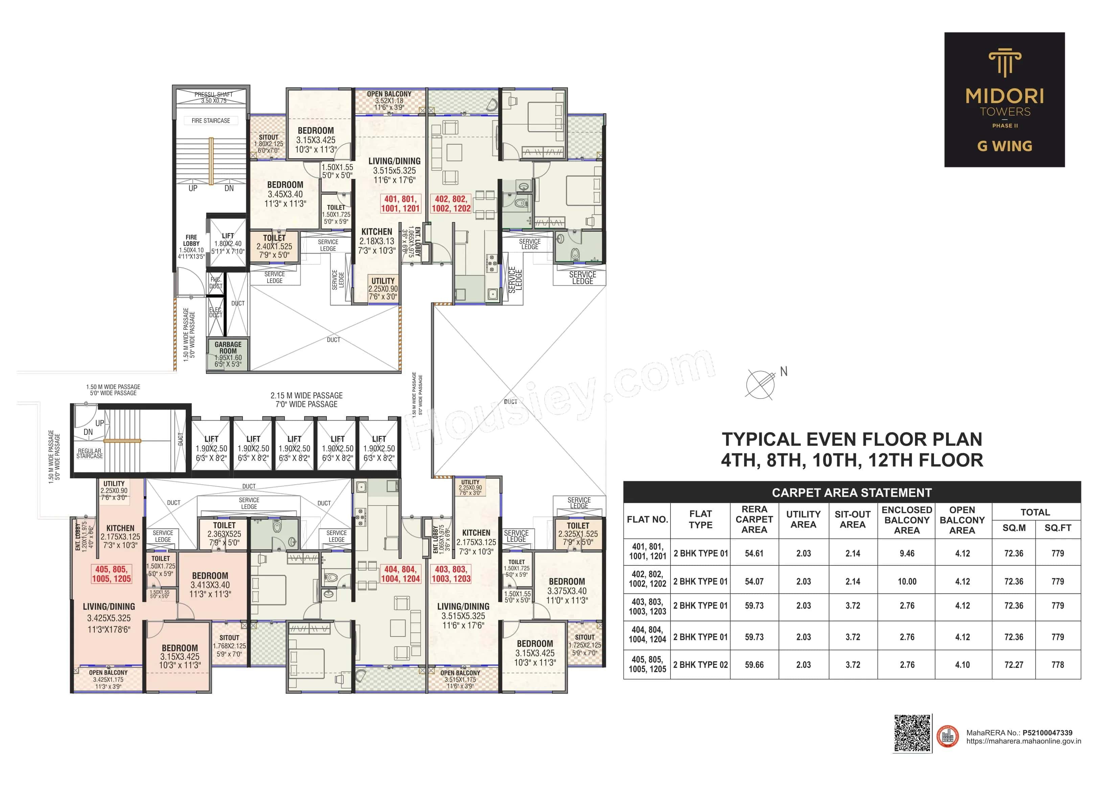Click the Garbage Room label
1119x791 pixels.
tap(228, 348)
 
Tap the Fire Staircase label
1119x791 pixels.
tap(210, 120)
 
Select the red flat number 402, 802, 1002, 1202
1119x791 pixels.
tap(451, 204)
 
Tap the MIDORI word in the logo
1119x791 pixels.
tap(1004, 96)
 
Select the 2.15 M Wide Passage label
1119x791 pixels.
tap(306, 400)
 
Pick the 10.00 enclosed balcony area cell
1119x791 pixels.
tap(907, 581)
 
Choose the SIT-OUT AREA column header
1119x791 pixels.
tap(852, 519)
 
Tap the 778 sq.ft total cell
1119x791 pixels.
tap(1057, 665)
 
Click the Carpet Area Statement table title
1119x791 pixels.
tap(851, 493)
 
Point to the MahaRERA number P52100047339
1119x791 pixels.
tap(1047, 732)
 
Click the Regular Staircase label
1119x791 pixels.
tap(90, 453)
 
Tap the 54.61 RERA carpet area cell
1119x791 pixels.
tap(754, 554)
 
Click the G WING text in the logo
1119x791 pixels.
tap(1004, 146)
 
